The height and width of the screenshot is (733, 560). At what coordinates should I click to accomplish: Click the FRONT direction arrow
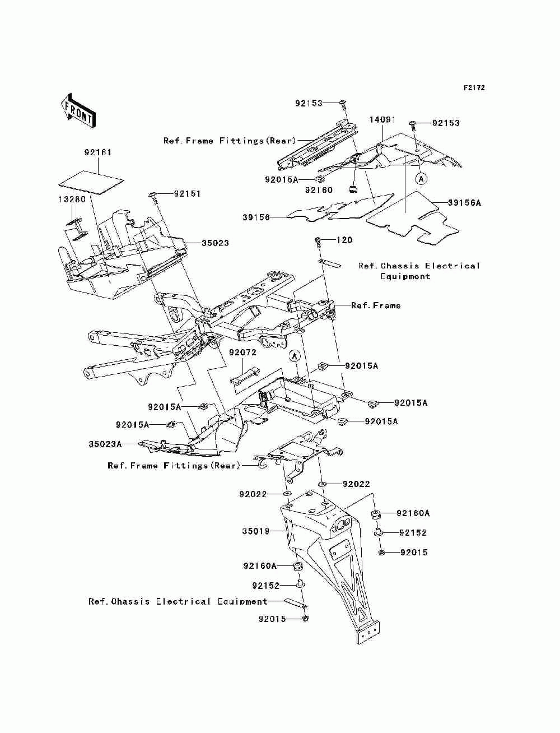78,110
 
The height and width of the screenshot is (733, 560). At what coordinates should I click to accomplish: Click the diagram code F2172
474,88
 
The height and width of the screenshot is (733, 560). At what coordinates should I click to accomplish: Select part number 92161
98,152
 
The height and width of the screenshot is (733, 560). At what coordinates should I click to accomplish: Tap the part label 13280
72,200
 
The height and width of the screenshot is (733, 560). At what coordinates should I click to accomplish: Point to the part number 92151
187,194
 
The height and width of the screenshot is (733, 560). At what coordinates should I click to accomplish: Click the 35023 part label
215,243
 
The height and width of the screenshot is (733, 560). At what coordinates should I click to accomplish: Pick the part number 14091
382,119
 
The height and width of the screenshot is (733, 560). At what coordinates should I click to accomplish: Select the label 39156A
464,203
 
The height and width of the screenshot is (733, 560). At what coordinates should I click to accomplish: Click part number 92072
242,352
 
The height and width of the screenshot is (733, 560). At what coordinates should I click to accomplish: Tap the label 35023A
105,444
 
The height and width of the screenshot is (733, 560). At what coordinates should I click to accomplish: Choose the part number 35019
255,531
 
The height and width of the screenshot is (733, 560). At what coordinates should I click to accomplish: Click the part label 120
344,240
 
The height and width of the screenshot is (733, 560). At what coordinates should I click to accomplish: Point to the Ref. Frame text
376,305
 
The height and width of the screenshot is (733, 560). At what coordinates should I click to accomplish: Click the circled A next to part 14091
421,179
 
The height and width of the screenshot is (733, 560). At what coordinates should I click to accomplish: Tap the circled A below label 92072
295,356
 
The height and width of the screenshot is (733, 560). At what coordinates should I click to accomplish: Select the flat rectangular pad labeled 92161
91,182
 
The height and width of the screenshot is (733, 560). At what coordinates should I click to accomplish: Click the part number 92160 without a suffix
319,190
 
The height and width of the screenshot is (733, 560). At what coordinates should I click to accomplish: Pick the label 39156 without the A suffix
256,217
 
